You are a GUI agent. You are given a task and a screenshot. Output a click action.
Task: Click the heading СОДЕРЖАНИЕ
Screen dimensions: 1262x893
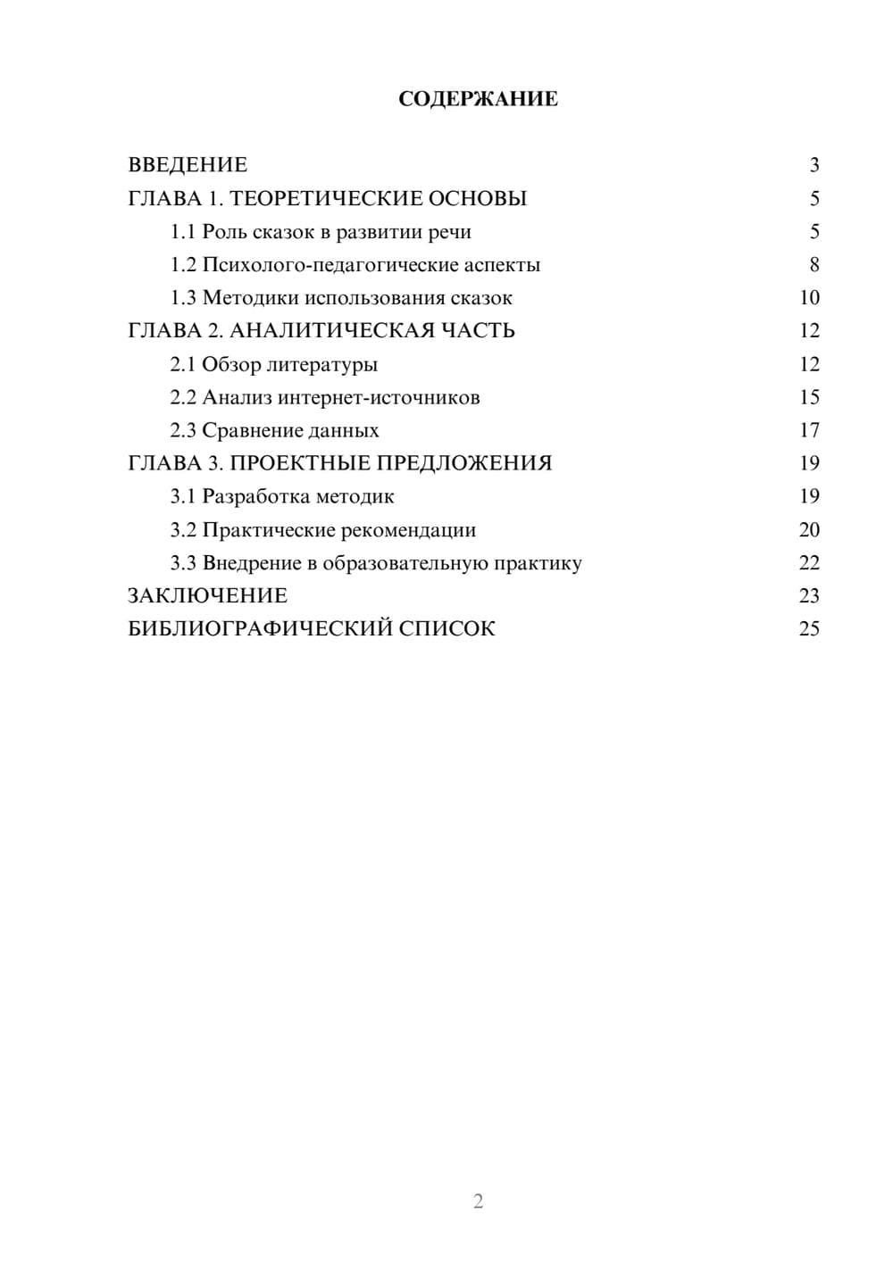pyautogui.click(x=478, y=99)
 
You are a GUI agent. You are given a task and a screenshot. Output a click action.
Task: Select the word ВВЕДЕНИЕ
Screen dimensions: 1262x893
pyautogui.click(x=188, y=165)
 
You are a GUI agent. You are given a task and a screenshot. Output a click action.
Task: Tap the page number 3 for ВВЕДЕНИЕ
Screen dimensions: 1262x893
pyautogui.click(x=814, y=165)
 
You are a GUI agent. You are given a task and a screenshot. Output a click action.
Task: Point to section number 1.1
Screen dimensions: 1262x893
pyautogui.click(x=183, y=232)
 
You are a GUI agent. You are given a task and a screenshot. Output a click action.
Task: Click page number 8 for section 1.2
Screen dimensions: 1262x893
pyautogui.click(x=814, y=265)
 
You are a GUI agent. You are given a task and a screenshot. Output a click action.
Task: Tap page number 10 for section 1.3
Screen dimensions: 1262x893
pyautogui.click(x=809, y=298)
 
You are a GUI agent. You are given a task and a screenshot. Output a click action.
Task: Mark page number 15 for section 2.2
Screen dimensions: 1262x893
pyautogui.click(x=809, y=397)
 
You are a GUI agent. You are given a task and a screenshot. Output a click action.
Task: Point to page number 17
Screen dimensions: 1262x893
pyautogui.click(x=809, y=430)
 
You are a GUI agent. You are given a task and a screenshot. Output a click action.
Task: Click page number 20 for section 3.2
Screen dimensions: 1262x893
pyautogui.click(x=809, y=530)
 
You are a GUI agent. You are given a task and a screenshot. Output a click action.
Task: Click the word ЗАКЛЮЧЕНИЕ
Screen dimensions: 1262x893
pyautogui.click(x=207, y=596)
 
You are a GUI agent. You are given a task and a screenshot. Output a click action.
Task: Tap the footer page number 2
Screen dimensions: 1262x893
pyautogui.click(x=478, y=1201)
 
